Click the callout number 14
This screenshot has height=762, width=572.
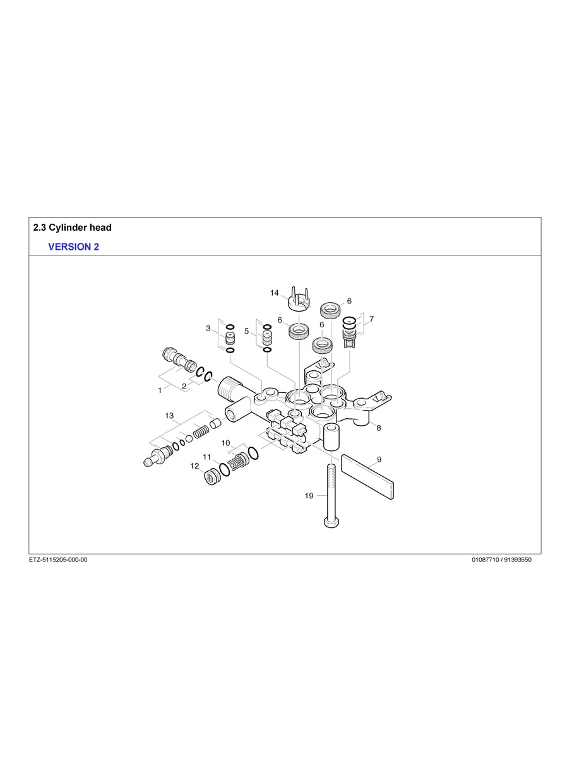274,293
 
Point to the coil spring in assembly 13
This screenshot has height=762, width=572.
201,432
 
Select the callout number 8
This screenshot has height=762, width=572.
378,428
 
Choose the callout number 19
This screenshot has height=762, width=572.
309,496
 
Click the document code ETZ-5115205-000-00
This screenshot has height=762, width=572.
58,560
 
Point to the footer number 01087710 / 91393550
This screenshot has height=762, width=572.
501,560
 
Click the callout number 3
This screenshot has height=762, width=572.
208,328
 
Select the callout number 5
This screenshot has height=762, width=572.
246,331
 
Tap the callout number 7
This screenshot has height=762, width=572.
371,319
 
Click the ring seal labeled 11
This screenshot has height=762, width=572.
224,470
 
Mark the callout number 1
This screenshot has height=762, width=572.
160,391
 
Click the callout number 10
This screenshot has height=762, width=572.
225,443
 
